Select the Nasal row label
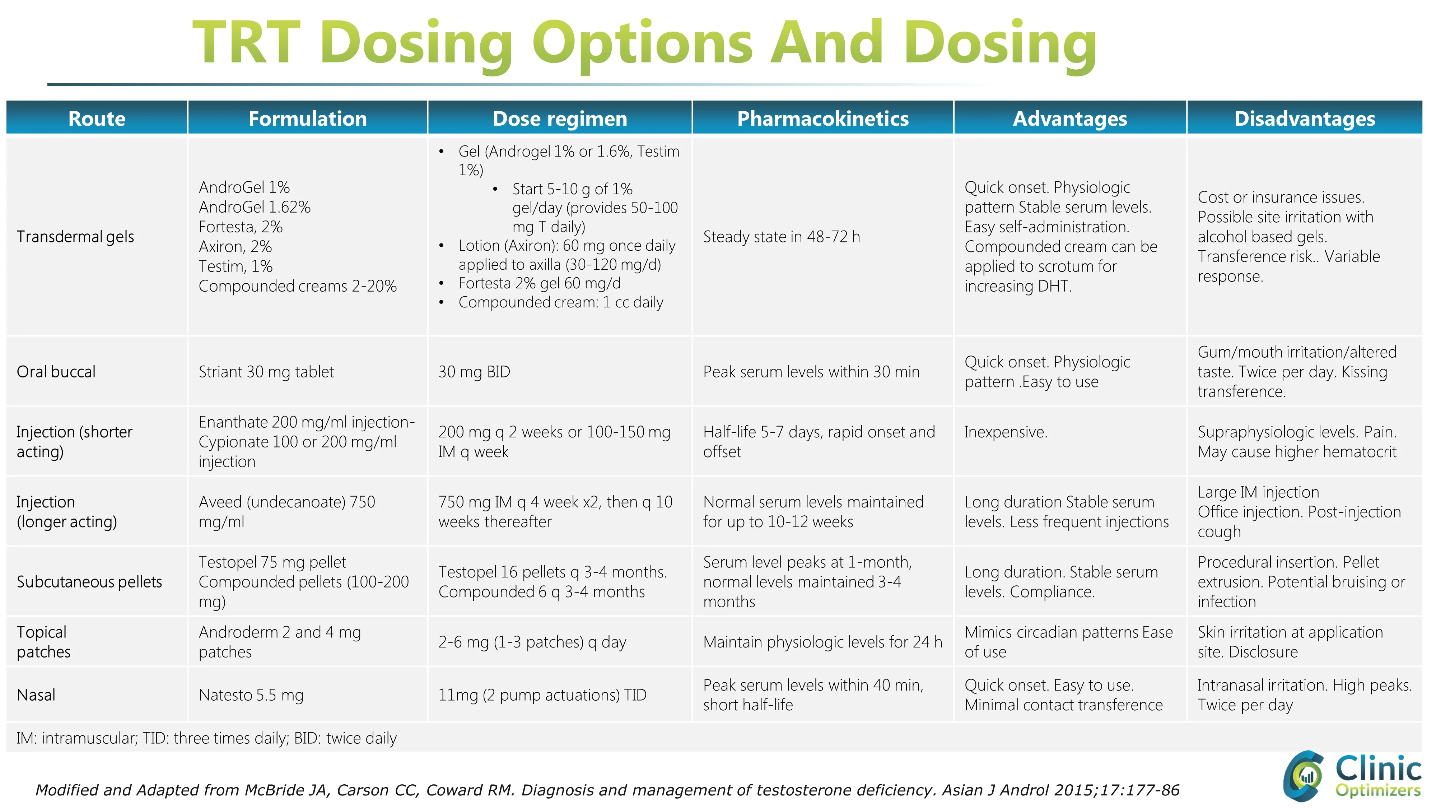click(36, 695)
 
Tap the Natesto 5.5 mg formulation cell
click(251, 695)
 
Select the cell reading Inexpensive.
click(1006, 432)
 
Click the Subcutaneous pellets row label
click(89, 582)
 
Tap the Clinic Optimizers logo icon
click(1303, 776)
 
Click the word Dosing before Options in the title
click(416, 43)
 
